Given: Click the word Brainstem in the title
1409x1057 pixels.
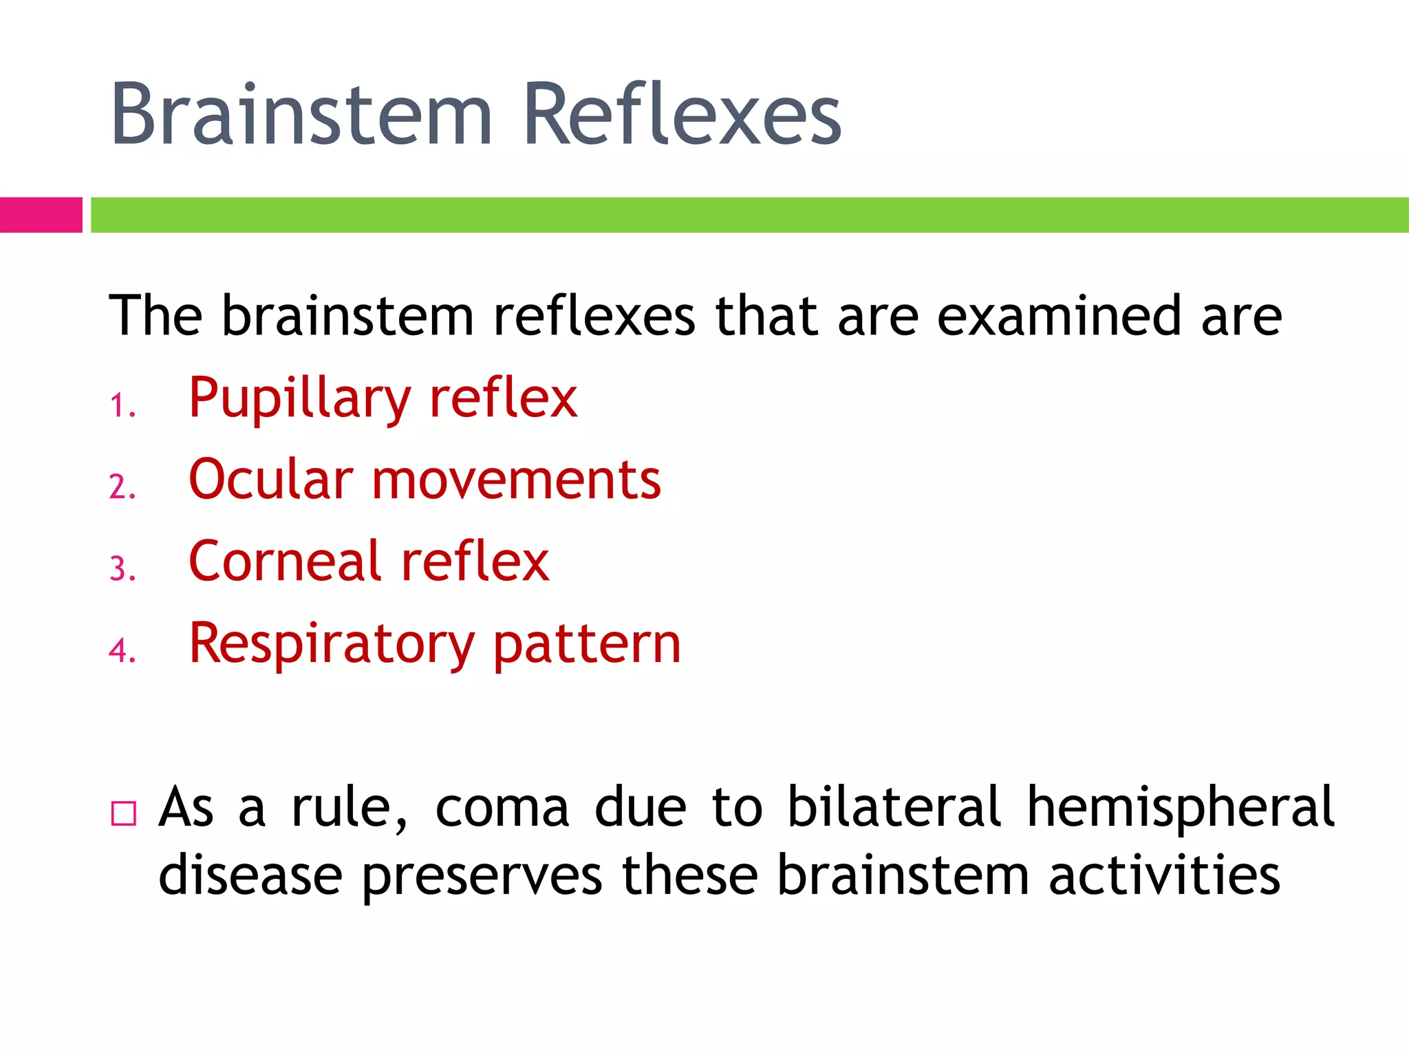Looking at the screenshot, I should [301, 114].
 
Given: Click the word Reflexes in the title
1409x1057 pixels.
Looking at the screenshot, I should [682, 114].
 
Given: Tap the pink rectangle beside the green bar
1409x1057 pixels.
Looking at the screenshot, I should [41, 215].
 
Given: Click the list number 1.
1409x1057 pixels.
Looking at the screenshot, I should [121, 405].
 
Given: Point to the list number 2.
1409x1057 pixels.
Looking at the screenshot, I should [121, 487].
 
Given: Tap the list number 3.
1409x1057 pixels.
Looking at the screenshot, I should [121, 569].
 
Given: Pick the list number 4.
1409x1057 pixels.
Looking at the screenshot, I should [121, 650].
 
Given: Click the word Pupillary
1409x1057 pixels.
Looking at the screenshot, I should [299, 399].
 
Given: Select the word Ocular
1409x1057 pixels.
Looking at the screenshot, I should [271, 480].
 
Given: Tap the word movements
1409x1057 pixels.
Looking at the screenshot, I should [516, 480].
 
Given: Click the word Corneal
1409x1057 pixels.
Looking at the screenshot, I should [285, 562].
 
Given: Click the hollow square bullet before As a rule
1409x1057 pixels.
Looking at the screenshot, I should [124, 813].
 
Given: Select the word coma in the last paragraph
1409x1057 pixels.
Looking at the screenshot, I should [502, 808].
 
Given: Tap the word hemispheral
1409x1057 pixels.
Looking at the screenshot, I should [1180, 808].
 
